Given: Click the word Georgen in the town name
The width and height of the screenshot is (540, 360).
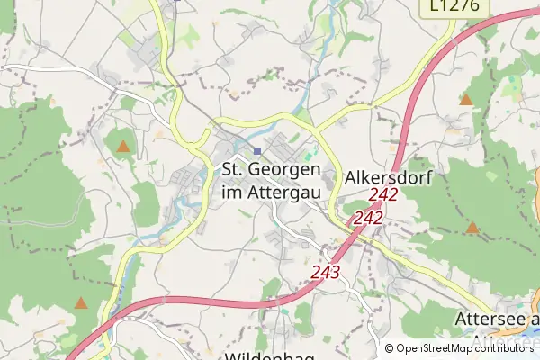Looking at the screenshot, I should pyautogui.click(x=288, y=170).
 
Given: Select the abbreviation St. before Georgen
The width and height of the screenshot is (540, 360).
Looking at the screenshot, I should pyautogui.click(x=234, y=169).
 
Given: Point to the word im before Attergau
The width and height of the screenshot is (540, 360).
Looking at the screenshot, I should pyautogui.click(x=232, y=191).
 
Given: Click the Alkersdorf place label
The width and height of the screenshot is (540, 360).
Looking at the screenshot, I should pyautogui.click(x=389, y=178).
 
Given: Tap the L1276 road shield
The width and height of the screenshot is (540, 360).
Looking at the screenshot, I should pyautogui.click(x=454, y=7).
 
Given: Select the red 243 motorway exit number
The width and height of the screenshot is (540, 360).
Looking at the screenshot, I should pyautogui.click(x=325, y=271).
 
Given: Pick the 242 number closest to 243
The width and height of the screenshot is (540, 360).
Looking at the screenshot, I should pyautogui.click(x=368, y=218).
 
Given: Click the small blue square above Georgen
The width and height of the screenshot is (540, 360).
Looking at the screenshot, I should pyautogui.click(x=257, y=151).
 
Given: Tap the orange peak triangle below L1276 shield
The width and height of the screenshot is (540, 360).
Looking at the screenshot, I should pyautogui.click(x=466, y=99).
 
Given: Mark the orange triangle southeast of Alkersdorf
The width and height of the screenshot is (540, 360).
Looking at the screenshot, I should pyautogui.click(x=472, y=228).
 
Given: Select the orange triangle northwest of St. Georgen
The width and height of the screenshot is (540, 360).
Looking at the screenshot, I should pyautogui.click(x=123, y=146).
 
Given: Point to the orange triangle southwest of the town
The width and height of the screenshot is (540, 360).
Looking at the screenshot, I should pyautogui.click(x=81, y=303).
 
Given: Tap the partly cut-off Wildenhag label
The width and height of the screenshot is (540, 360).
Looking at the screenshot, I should pyautogui.click(x=269, y=356).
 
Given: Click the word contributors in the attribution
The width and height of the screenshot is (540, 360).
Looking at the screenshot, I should pyautogui.click(x=507, y=348).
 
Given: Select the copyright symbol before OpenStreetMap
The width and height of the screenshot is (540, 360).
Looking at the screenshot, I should pyautogui.click(x=390, y=348).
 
